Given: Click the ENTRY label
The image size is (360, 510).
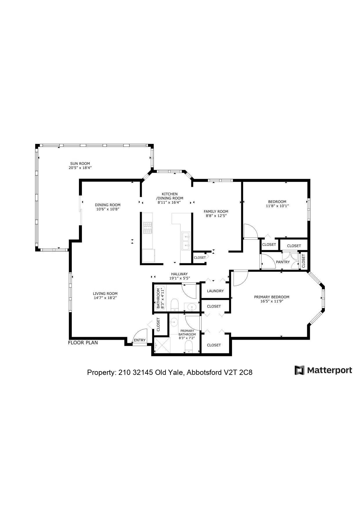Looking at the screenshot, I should [140, 340].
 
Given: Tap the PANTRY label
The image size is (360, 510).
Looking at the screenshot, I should [283, 262].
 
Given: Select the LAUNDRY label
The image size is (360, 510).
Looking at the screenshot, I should [215, 291].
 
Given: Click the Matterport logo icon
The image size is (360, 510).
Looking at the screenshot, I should [299, 370].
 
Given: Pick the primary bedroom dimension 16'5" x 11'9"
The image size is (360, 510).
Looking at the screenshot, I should [272, 301].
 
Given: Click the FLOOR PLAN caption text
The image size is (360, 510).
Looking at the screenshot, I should [83, 343].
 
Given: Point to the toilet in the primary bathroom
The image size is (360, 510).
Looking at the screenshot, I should [189, 347].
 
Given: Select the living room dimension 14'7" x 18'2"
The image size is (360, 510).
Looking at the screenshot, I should [105, 298].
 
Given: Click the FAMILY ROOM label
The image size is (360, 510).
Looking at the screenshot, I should [216, 212].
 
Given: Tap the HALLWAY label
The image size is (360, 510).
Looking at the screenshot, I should [179, 274].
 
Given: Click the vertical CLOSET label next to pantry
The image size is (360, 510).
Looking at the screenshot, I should [303, 261].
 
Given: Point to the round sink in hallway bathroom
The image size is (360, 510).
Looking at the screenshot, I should [192, 307].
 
